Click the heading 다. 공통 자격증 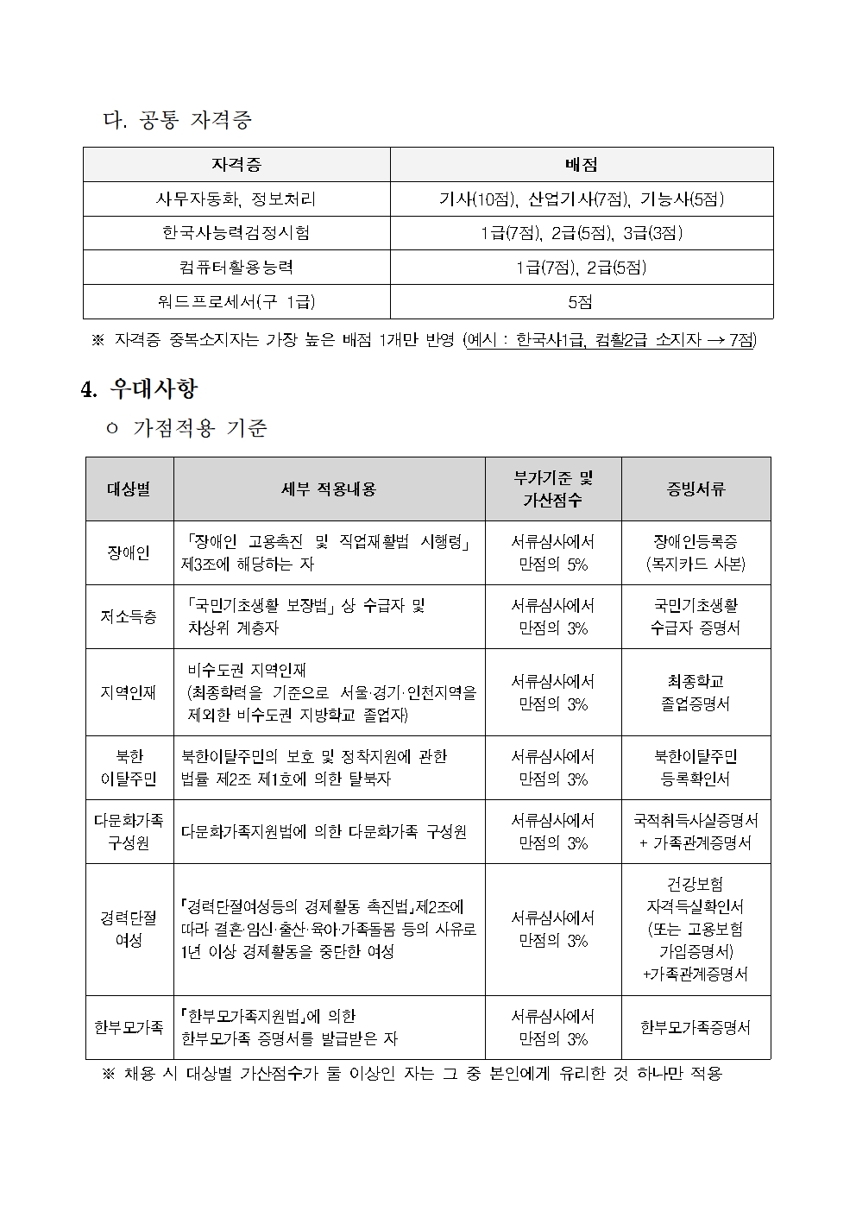pos(177,120)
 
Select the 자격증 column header pos(236,165)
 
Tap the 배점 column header pos(581,165)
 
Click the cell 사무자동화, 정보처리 pos(236,199)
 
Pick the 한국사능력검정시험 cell pos(236,233)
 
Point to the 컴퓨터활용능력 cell pos(236,268)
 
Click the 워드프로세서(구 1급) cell pos(236,302)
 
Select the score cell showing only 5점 pos(581,302)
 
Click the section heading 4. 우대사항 pos(139,389)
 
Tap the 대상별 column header pos(129,489)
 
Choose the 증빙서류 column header pos(695,489)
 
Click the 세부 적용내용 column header pos(329,489)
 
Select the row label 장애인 pos(129,553)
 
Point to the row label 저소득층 pos(129,617)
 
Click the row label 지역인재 pos(129,692)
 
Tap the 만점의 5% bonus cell pos(552,553)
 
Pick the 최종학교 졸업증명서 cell pos(695,692)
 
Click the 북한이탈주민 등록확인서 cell pos(695,767)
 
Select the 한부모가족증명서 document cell pos(695,1027)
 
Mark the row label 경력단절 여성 pos(129,929)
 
